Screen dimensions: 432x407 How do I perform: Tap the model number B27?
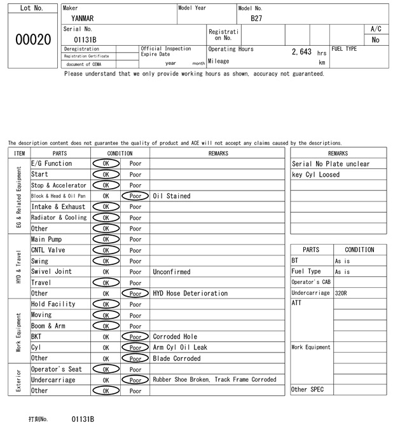click(x=256, y=18)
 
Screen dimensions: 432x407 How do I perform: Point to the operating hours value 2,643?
click(x=301, y=51)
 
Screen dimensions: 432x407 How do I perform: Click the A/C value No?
click(x=375, y=40)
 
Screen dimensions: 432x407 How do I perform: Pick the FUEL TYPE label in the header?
click(x=344, y=49)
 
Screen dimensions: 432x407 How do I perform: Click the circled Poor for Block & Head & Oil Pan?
click(x=135, y=196)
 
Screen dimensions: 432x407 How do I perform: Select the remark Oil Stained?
click(x=172, y=196)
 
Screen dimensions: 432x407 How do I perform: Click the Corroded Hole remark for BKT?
click(x=176, y=337)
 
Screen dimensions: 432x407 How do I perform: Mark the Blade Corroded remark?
click(x=177, y=358)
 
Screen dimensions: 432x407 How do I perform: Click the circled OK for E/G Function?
click(x=106, y=164)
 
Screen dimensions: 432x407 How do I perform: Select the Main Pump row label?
click(x=46, y=240)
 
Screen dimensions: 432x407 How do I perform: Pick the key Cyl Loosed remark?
click(x=316, y=175)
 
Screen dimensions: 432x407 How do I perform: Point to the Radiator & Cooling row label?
click(x=59, y=218)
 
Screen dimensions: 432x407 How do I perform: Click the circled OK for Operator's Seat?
click(x=106, y=369)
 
